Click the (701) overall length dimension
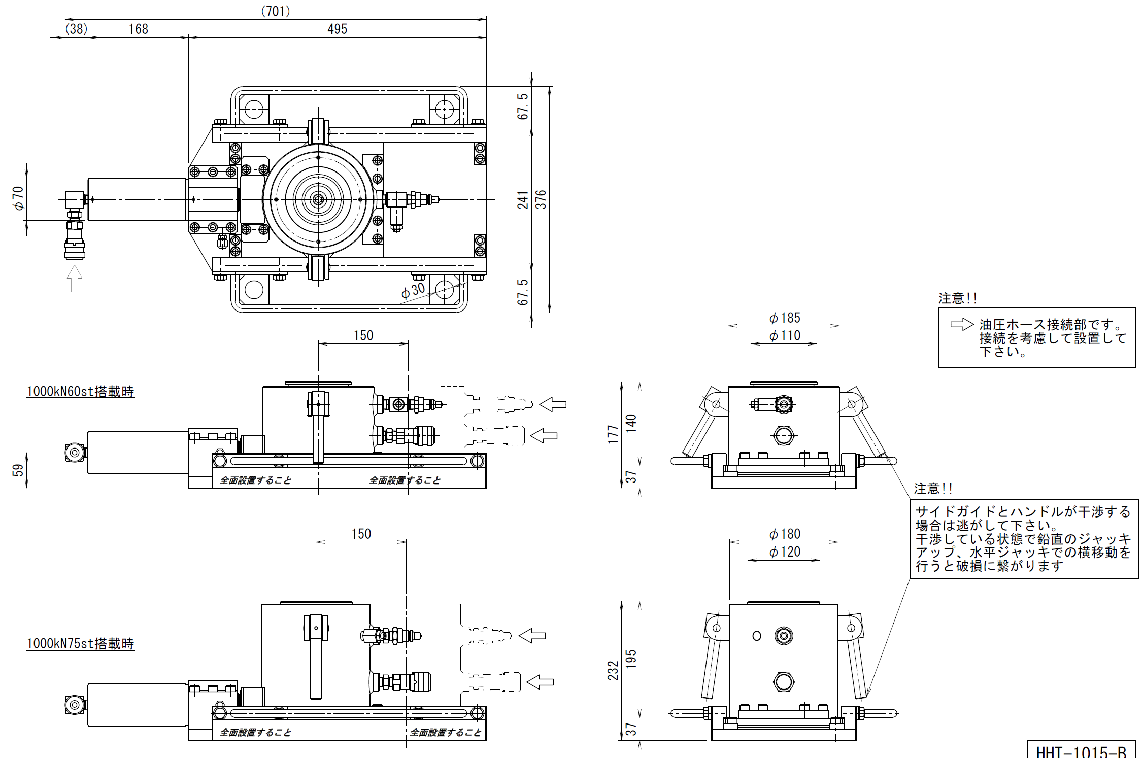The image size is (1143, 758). pyautogui.click(x=276, y=11)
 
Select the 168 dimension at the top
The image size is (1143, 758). pyautogui.click(x=138, y=29)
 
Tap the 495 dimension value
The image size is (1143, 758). pyautogui.click(x=337, y=29)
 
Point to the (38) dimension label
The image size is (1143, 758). pyautogui.click(x=77, y=29)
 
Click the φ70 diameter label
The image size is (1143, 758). pyautogui.click(x=18, y=198)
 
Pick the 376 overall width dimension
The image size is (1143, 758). pyautogui.click(x=542, y=199)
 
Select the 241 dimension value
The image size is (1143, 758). pyautogui.click(x=523, y=199)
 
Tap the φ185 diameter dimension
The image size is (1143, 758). pyautogui.click(x=785, y=318)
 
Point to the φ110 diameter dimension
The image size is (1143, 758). pyautogui.click(x=785, y=336)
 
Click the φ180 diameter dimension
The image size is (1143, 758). pyautogui.click(x=785, y=534)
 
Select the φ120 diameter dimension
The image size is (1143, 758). pyautogui.click(x=785, y=552)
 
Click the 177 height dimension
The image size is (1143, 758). pyautogui.click(x=613, y=434)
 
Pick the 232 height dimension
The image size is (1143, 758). pyautogui.click(x=613, y=670)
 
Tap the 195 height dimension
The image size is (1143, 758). pyautogui.click(x=631, y=659)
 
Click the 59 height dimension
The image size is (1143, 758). pyautogui.click(x=18, y=470)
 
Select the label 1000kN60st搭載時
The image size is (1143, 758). pyautogui.click(x=80, y=392)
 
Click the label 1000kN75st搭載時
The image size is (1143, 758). pyautogui.click(x=80, y=644)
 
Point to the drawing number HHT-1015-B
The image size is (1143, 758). pyautogui.click(x=1081, y=751)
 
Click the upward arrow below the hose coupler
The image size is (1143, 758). pyautogui.click(x=75, y=279)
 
